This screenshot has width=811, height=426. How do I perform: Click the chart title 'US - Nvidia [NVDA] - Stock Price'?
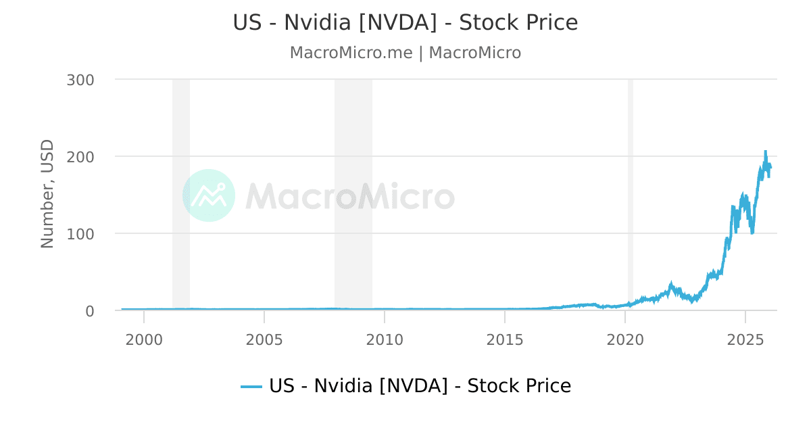click(405, 22)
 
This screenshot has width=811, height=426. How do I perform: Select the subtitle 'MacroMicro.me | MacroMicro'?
click(405, 53)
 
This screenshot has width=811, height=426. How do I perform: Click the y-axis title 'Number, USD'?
click(47, 193)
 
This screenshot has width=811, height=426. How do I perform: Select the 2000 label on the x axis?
click(144, 339)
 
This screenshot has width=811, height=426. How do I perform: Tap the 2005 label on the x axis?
click(264, 339)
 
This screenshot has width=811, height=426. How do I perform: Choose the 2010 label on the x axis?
click(385, 339)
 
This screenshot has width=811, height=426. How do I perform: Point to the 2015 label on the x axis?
click(505, 339)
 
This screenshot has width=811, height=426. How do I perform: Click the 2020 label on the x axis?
click(625, 339)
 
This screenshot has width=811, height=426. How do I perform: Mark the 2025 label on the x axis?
click(745, 339)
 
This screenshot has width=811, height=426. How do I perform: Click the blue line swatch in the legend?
click(251, 387)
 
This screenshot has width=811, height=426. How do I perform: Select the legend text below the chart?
click(420, 386)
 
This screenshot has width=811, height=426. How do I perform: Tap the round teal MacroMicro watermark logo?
click(209, 195)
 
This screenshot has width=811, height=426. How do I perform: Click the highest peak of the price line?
click(766, 151)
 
